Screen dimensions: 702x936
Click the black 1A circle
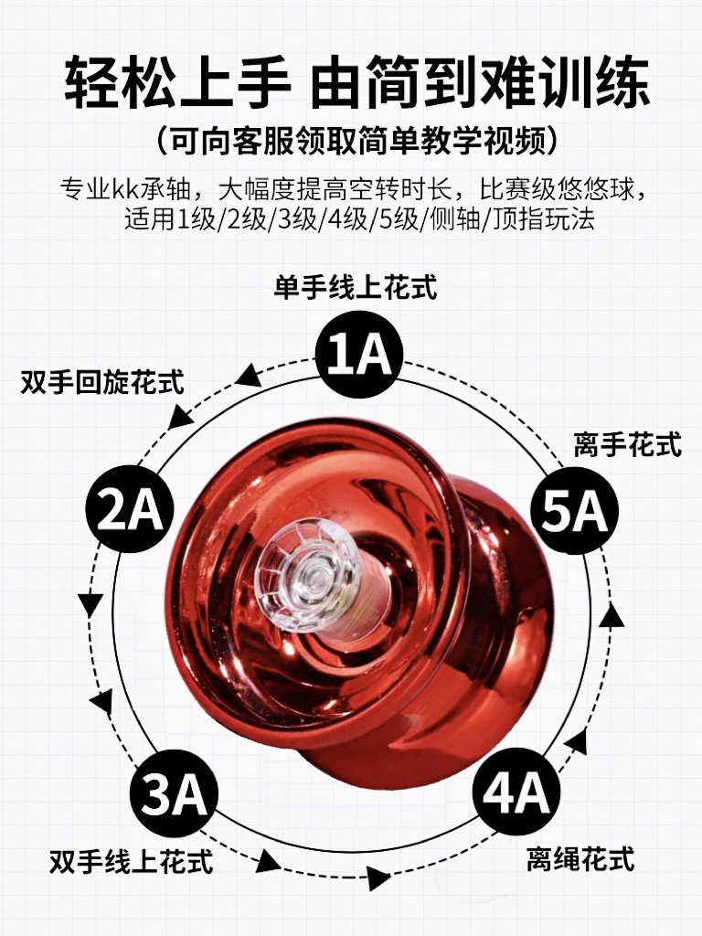(x=359, y=355)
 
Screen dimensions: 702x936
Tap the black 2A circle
(x=130, y=508)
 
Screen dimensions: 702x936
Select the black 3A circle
(x=174, y=792)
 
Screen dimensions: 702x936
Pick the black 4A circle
(x=516, y=792)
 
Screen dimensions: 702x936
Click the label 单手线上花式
(x=356, y=287)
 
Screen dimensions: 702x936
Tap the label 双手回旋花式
(x=102, y=382)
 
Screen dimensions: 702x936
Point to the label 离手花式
(x=628, y=445)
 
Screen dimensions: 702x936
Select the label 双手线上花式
(x=132, y=861)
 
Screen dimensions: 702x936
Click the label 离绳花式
(x=580, y=859)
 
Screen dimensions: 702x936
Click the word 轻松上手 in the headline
(x=177, y=82)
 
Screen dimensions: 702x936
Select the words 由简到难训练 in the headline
(x=479, y=82)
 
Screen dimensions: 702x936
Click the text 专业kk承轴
(x=125, y=190)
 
